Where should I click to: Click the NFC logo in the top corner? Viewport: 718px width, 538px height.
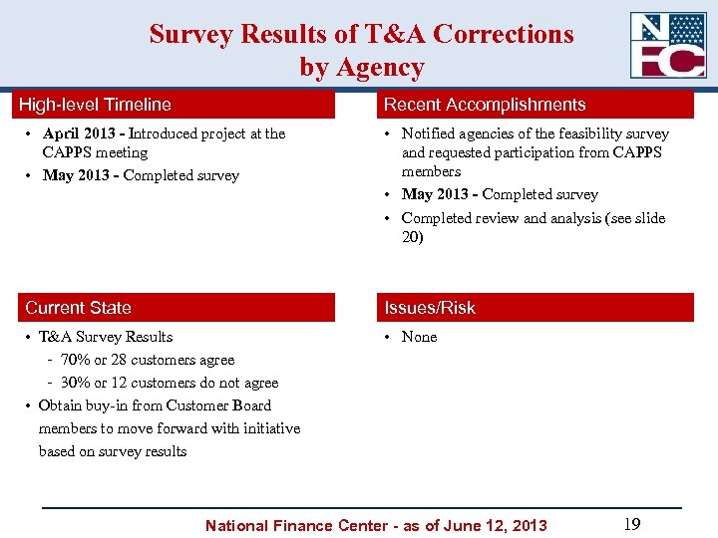[x=667, y=45]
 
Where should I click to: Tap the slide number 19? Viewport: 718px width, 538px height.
[x=630, y=524]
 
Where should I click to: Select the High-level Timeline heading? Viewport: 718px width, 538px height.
[x=98, y=105]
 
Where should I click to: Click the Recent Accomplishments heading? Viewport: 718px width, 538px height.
[x=485, y=105]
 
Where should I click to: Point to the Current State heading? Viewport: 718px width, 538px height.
[x=78, y=308]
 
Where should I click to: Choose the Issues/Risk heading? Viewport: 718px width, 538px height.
[x=430, y=308]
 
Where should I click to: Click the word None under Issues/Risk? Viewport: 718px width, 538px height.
[x=419, y=337]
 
